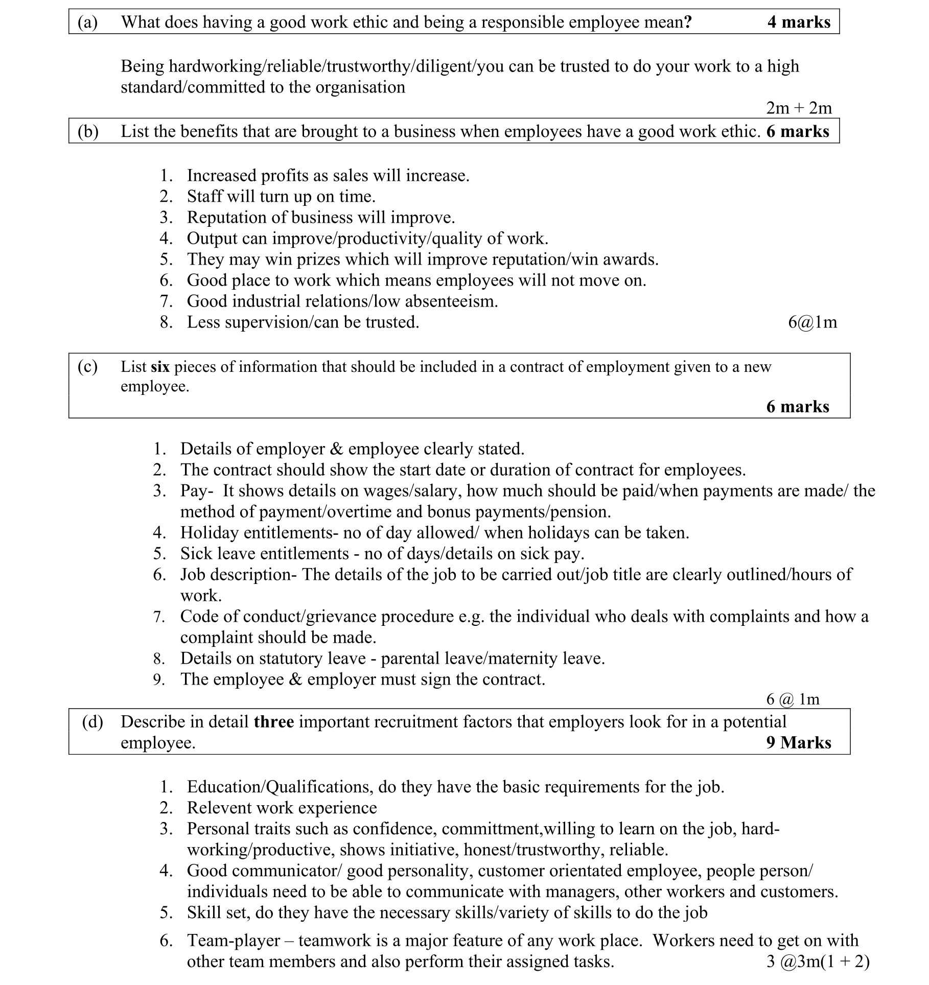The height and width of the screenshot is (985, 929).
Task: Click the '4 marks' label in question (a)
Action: [799, 22]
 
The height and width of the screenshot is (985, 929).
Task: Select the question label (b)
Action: [88, 131]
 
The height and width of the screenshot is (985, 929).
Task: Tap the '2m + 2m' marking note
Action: [799, 108]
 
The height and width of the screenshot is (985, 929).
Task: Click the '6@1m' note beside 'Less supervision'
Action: [812, 322]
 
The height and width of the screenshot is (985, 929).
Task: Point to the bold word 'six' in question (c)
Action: [160, 367]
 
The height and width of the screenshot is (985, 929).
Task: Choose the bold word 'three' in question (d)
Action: [273, 721]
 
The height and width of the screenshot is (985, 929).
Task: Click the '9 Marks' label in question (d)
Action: [799, 742]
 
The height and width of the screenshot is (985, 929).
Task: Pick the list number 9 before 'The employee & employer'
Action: [159, 679]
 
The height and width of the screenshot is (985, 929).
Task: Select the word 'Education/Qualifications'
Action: [280, 786]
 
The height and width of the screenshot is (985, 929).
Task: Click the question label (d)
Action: [92, 721]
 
